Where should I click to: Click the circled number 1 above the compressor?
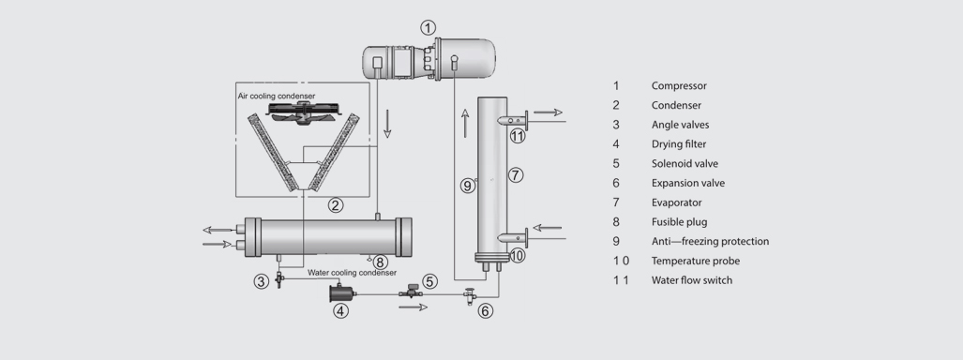pyautogui.click(x=429, y=27)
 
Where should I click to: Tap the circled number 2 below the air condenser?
pyautogui.click(x=336, y=205)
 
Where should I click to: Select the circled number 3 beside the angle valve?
pyautogui.click(x=262, y=282)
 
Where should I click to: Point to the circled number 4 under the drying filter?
pyautogui.click(x=341, y=311)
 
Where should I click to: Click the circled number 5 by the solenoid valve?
pyautogui.click(x=429, y=281)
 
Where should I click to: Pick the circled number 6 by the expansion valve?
pyautogui.click(x=485, y=311)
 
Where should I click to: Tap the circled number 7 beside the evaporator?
pyautogui.click(x=516, y=175)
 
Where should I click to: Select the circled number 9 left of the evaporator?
pyautogui.click(x=468, y=185)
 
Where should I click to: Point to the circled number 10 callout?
pyautogui.click(x=517, y=256)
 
